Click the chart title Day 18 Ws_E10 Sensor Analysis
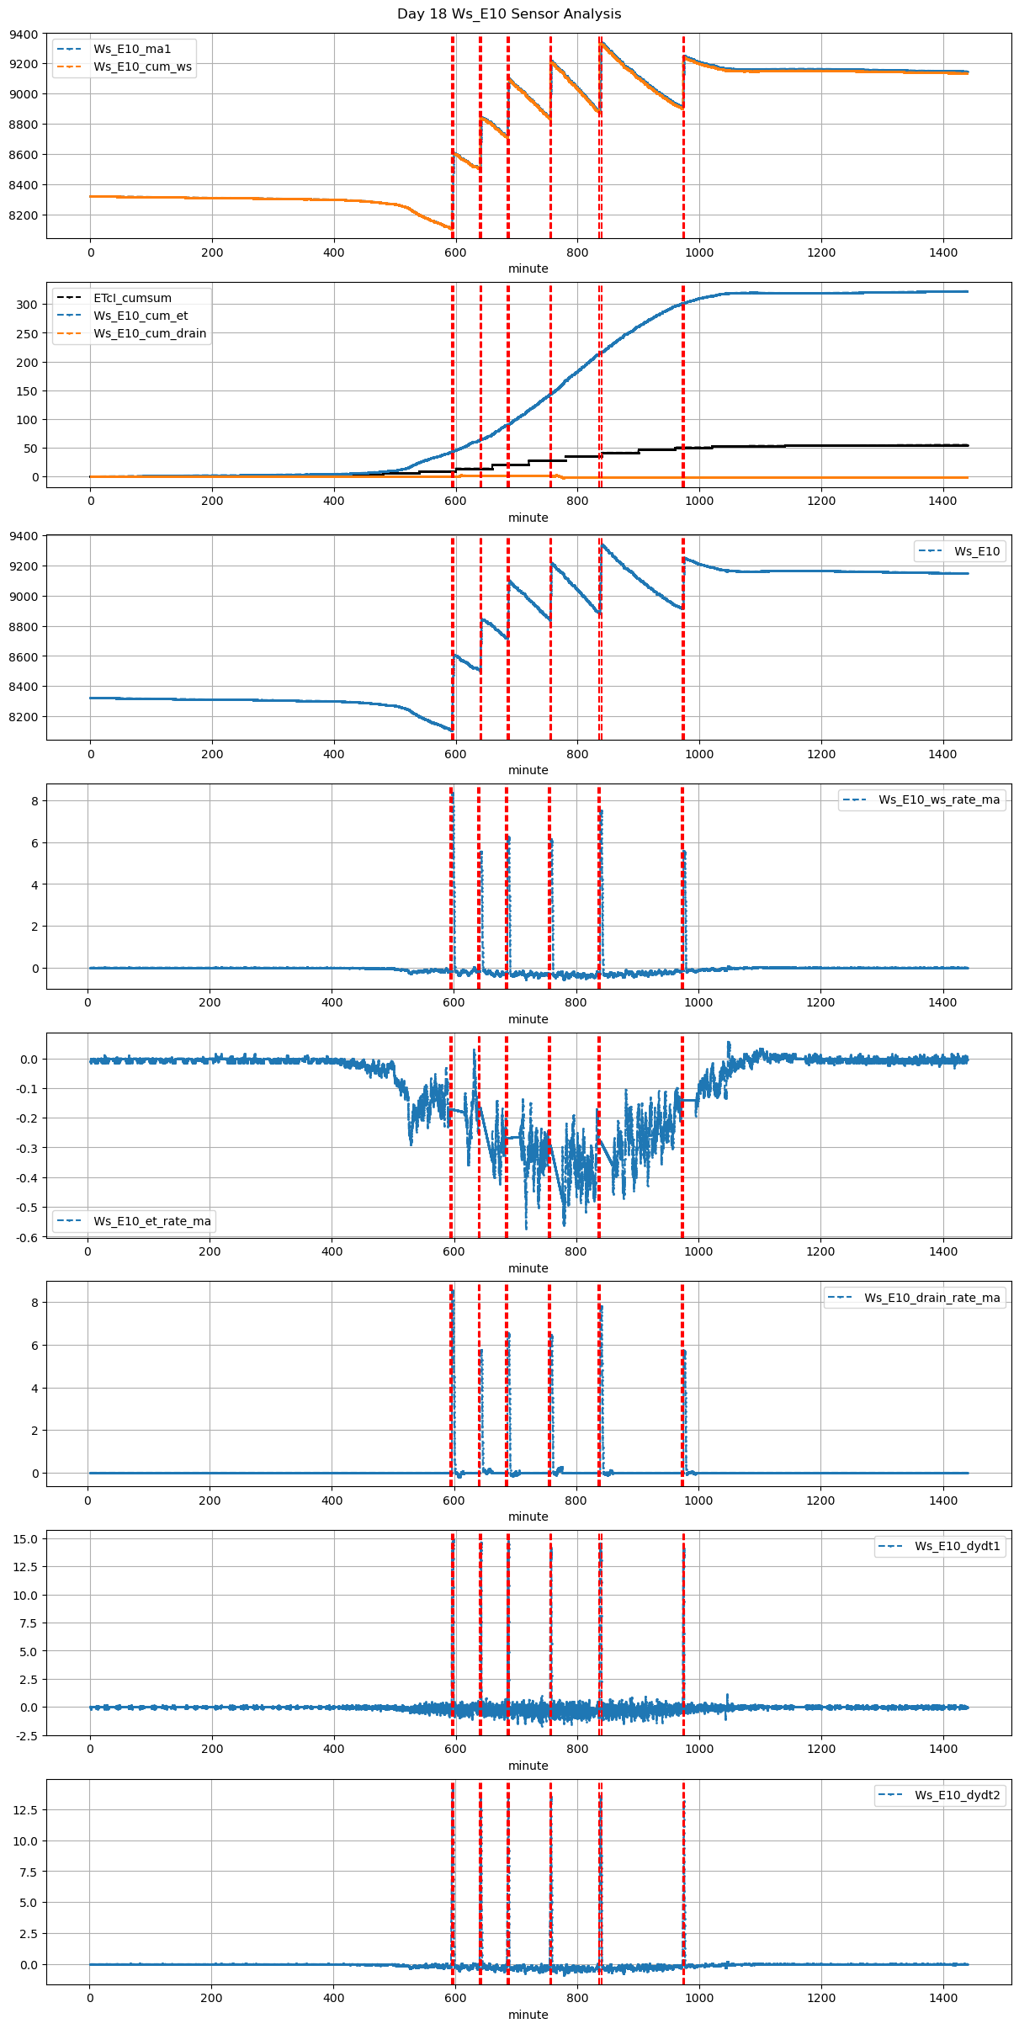click(509, 14)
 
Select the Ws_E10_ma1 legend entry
click(132, 49)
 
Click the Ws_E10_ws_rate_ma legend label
click(939, 799)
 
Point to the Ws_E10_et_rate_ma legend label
click(152, 1221)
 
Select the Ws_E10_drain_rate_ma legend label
click(932, 1298)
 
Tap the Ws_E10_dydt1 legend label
click(958, 1546)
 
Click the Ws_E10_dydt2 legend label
click(958, 1795)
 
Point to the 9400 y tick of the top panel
click(24, 35)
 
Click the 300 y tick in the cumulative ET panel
click(28, 305)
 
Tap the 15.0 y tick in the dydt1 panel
click(26, 1539)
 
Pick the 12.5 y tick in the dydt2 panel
click(26, 1810)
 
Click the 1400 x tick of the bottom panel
click(943, 1998)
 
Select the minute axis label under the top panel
click(528, 268)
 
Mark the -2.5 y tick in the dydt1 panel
click(26, 1735)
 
